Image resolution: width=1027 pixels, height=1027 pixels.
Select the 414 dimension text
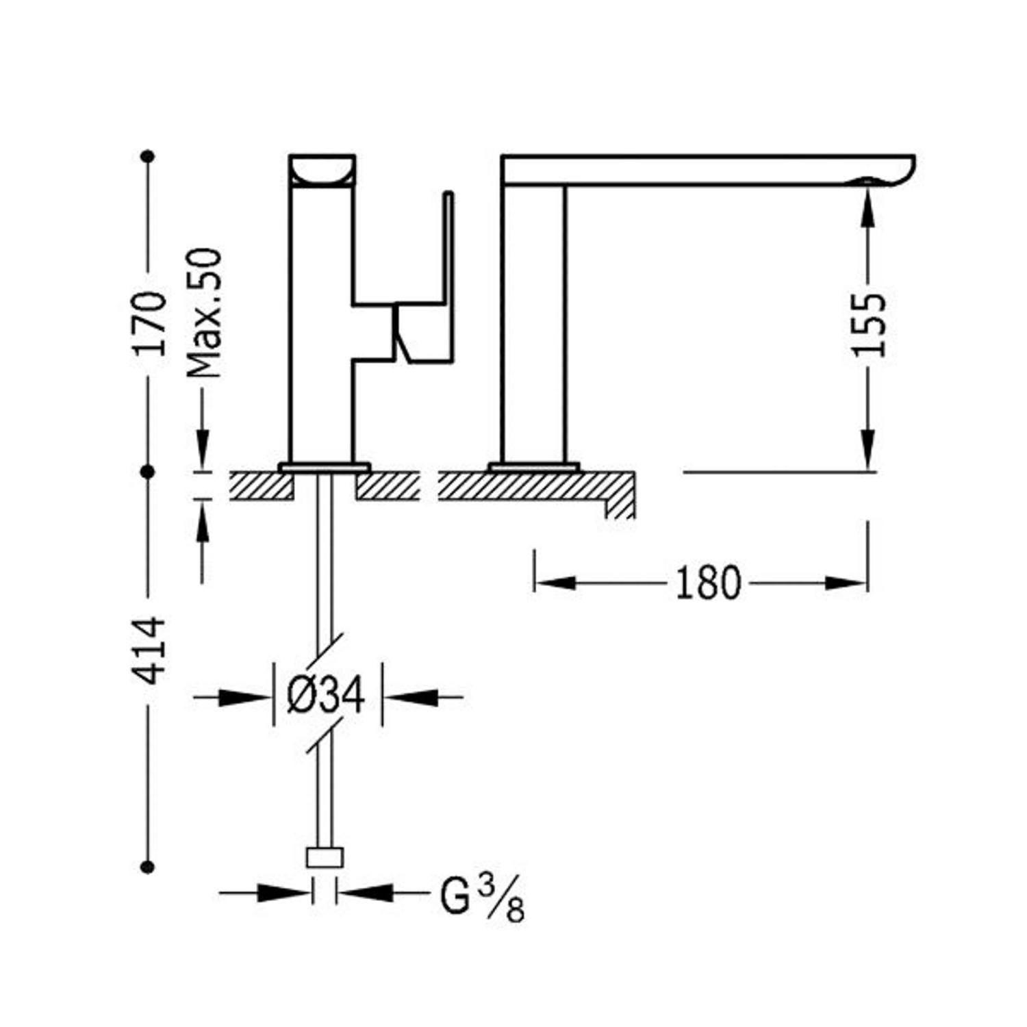coord(150,650)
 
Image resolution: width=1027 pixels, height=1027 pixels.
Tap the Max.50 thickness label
coord(204,313)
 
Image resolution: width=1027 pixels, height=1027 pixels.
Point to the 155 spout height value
coord(869,325)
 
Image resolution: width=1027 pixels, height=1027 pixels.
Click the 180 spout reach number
coord(708,583)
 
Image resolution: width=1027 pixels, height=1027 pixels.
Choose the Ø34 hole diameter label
coord(326,696)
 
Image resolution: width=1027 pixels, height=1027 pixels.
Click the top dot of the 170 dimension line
coord(147,157)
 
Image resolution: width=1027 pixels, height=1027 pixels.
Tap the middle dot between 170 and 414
coord(147,472)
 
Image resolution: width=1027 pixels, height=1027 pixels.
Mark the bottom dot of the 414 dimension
coord(147,867)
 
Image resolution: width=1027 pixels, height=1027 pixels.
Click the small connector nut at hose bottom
coord(324,858)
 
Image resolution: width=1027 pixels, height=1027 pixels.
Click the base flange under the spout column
coord(534,468)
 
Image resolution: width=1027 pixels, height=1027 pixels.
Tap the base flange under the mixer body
coord(325,468)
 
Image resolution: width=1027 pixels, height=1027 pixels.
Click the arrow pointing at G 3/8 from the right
coord(366,892)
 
